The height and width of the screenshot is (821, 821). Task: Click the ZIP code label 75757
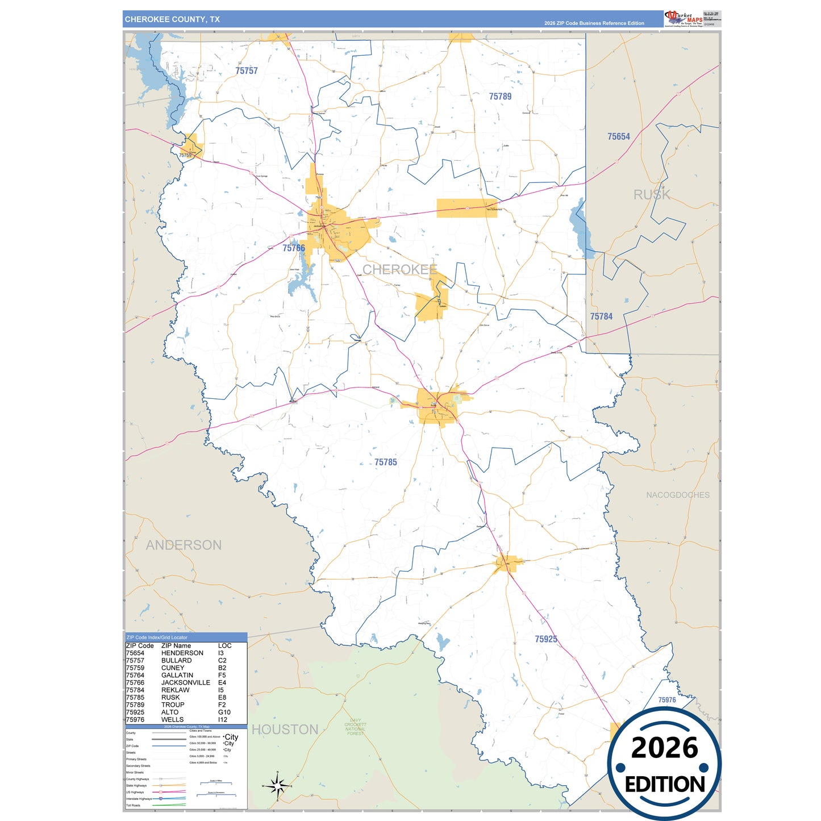(247, 71)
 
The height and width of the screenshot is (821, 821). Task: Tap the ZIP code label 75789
(500, 97)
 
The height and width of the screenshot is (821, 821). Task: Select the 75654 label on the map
(618, 136)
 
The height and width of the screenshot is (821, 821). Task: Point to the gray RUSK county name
(652, 195)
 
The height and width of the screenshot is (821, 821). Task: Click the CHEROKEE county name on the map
(399, 269)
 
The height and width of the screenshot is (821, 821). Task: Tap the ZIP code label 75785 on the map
(386, 462)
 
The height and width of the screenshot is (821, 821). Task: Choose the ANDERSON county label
(184, 545)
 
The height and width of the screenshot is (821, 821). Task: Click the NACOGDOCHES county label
(677, 495)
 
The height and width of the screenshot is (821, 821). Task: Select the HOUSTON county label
(285, 730)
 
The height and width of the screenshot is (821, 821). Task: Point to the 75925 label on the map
(545, 639)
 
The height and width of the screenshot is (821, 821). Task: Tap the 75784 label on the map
(601, 316)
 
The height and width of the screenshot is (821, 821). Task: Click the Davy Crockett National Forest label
(355, 727)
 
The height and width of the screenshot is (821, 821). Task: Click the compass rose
(277, 786)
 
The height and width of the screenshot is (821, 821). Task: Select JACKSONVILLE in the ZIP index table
(185, 682)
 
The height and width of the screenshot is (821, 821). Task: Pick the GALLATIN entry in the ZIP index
(177, 675)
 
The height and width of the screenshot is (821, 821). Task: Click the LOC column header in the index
(224, 645)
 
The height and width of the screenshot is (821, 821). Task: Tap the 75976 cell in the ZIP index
(135, 719)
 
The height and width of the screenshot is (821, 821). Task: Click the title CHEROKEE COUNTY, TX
(172, 19)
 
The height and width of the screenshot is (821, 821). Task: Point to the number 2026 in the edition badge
(664, 748)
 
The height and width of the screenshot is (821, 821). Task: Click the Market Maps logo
(683, 19)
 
